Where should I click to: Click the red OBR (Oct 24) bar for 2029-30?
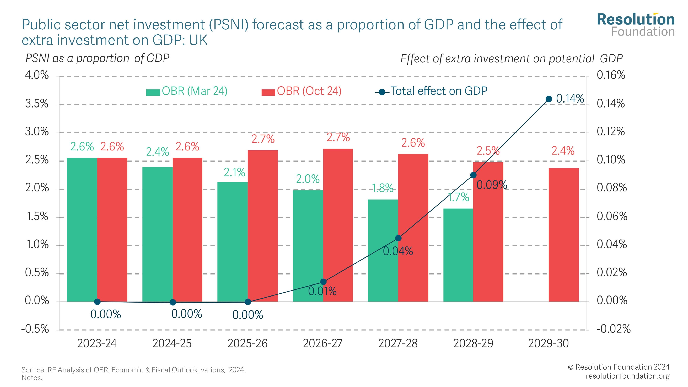pyautogui.click(x=563, y=235)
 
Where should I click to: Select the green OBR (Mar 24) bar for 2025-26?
pyautogui.click(x=232, y=242)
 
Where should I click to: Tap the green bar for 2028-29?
pyautogui.click(x=458, y=255)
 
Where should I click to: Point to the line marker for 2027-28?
pyautogui.click(x=398, y=238)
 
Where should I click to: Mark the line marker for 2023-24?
pyautogui.click(x=98, y=302)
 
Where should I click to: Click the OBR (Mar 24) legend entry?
pyautogui.click(x=187, y=91)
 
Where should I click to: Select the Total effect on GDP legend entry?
pyautogui.click(x=431, y=91)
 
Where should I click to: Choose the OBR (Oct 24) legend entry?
pyautogui.click(x=302, y=91)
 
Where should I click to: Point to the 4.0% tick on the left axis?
pyautogui.click(x=37, y=75)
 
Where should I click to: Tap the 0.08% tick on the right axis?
pyautogui.click(x=612, y=188)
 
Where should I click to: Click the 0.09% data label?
pyautogui.click(x=492, y=185)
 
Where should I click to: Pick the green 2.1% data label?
pyautogui.click(x=234, y=173)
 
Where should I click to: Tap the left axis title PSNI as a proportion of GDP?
pyautogui.click(x=98, y=58)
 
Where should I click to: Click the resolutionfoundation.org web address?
pyautogui.click(x=628, y=376)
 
